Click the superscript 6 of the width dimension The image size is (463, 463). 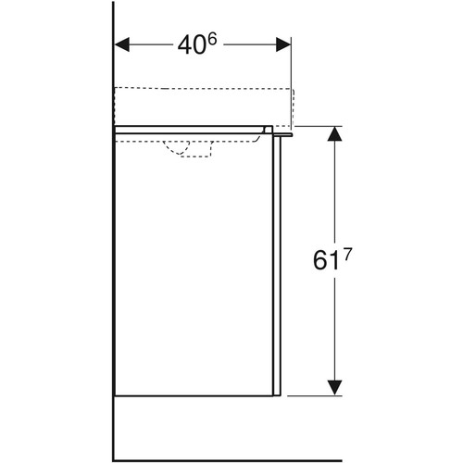(211, 39)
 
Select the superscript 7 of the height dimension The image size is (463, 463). (346, 256)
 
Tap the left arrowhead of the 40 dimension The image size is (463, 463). (122, 44)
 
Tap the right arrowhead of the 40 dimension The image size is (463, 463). (283, 44)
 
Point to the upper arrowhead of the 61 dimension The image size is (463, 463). (334, 133)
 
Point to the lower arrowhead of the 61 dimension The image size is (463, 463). (334, 387)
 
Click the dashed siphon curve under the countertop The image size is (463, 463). (175, 149)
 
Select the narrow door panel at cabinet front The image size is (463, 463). (277, 266)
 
